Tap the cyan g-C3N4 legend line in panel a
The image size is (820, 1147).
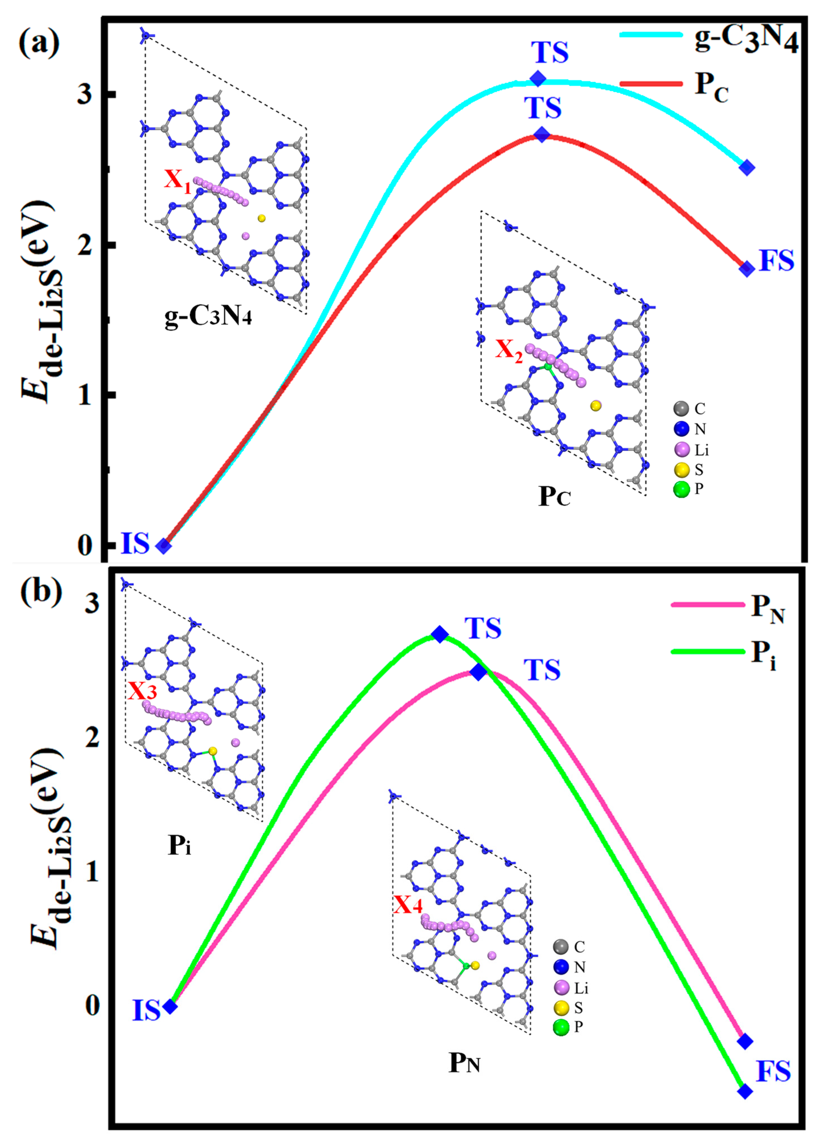[651, 34]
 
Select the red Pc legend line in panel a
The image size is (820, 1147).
[651, 83]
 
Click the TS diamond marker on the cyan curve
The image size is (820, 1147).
[538, 79]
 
